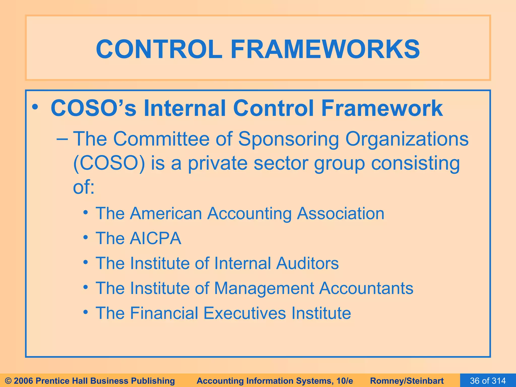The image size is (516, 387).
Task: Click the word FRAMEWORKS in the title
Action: coord(325,49)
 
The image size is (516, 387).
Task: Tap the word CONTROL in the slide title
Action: coord(159,49)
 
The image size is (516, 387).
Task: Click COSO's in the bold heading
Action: coord(93,108)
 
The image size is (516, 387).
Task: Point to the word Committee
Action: coord(161,139)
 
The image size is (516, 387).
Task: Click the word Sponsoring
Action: coord(288,139)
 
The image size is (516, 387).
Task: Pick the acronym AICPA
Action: coord(155,238)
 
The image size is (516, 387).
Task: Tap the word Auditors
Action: coord(307,263)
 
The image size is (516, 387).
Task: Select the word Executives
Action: coord(245,313)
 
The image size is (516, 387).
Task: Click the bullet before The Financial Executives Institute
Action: coord(86,312)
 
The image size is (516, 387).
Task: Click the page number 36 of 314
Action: coord(488,381)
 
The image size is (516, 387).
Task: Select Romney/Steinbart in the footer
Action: coord(407,381)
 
